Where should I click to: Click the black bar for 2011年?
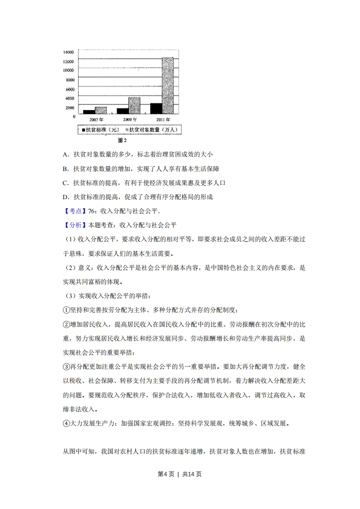point(156,108)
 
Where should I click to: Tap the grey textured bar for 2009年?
point(134,105)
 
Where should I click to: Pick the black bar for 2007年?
point(89,112)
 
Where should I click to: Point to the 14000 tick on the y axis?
point(69,52)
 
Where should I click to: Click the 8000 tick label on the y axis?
point(70,80)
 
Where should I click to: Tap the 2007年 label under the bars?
point(96,119)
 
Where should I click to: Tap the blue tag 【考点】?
point(73,211)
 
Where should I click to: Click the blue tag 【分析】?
point(73,225)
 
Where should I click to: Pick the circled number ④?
point(65,423)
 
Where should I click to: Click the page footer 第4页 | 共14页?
point(180,474)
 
